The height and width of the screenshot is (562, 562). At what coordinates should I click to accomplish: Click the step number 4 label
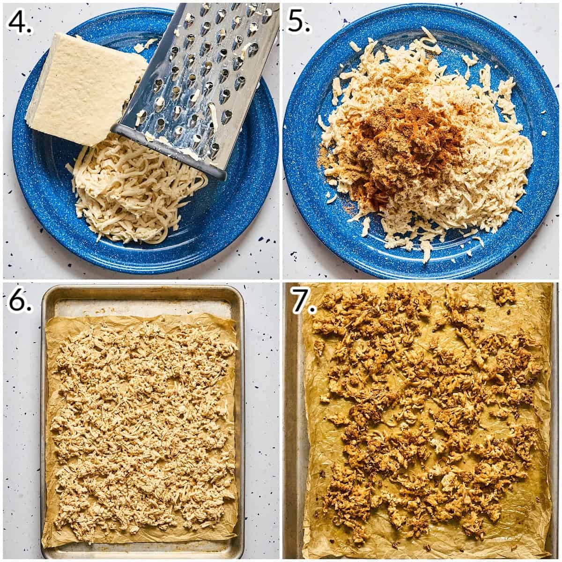pos(21,21)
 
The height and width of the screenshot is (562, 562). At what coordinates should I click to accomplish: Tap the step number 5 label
pos(299,21)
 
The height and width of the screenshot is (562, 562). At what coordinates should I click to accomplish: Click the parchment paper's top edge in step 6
pos(140,318)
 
